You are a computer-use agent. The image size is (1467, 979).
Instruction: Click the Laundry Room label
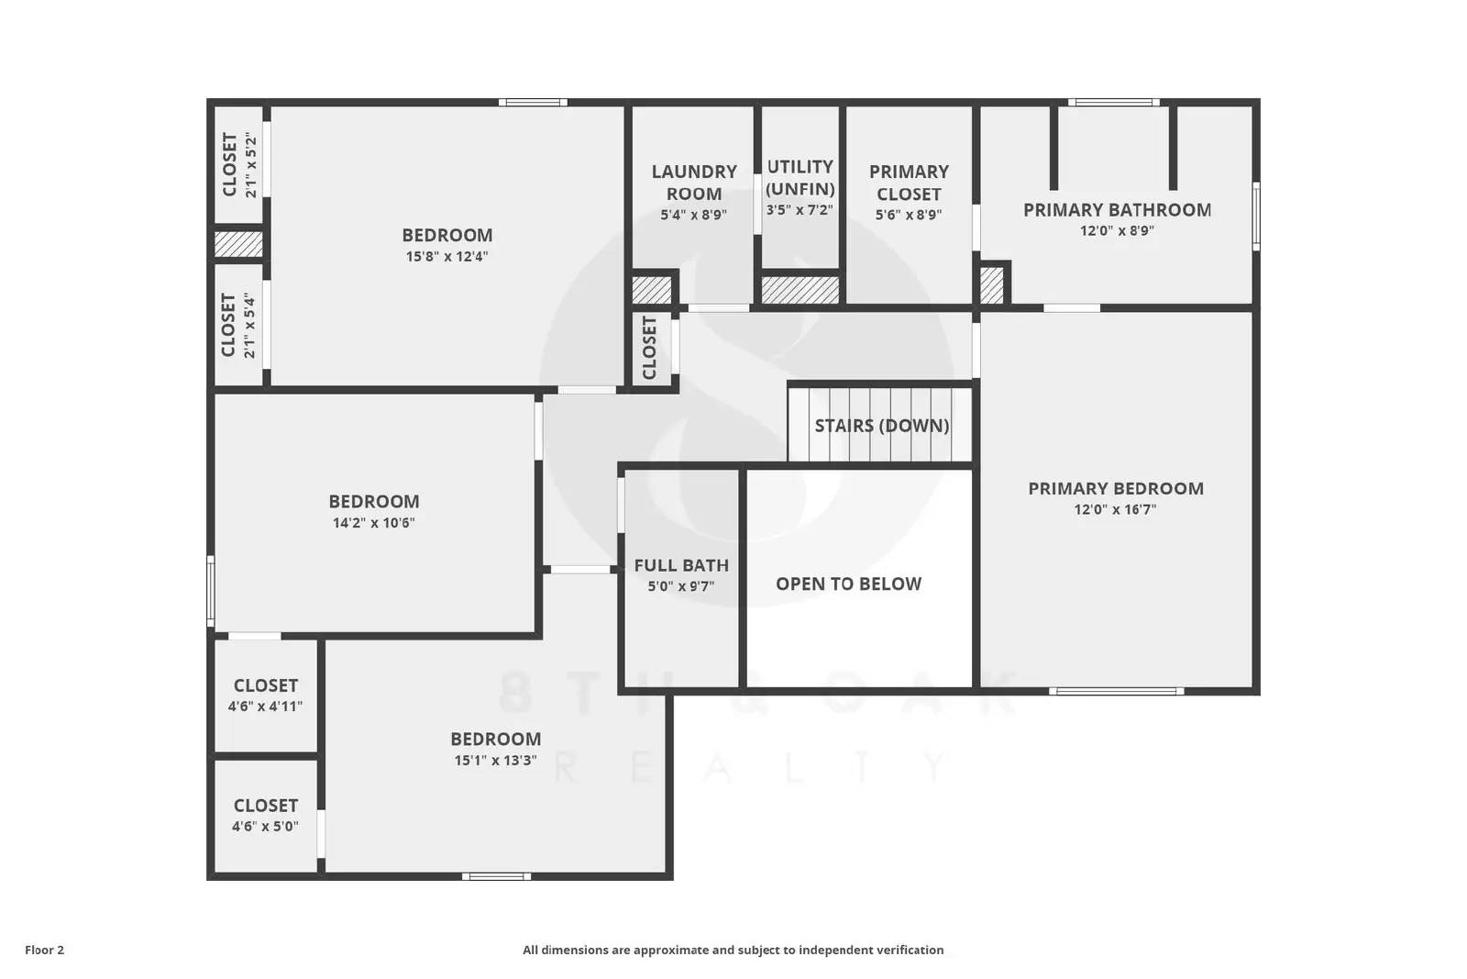click(694, 183)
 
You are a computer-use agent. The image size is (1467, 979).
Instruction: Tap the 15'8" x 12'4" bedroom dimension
click(447, 257)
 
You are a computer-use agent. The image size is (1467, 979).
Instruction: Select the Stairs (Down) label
click(882, 426)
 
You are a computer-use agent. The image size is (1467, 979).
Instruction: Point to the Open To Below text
click(848, 584)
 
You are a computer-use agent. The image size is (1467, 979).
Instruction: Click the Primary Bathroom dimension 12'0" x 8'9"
click(1117, 231)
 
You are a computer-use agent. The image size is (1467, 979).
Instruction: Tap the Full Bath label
click(681, 566)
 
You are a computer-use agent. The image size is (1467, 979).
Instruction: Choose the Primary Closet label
click(909, 183)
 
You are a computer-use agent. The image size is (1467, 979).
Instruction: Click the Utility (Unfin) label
click(800, 177)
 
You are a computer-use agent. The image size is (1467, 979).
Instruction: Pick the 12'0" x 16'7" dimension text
click(1115, 510)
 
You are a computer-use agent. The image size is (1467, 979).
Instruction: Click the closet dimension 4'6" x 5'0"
click(265, 827)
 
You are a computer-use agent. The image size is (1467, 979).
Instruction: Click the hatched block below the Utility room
click(800, 290)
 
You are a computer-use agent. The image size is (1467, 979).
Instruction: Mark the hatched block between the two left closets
click(238, 244)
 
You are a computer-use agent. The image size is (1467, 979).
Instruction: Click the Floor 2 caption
click(44, 951)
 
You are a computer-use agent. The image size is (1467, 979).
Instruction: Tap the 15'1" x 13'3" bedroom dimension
click(495, 761)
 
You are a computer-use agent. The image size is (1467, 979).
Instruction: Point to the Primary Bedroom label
click(1115, 489)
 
